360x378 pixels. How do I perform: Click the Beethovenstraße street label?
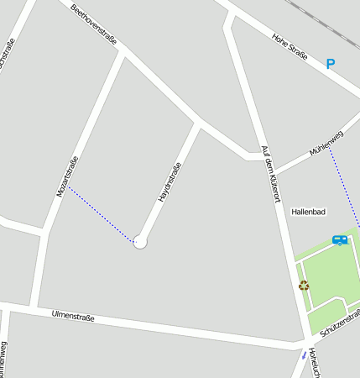[94, 24]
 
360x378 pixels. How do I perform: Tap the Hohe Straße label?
[291, 49]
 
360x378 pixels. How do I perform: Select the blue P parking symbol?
[330, 63]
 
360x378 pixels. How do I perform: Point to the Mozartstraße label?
[67, 177]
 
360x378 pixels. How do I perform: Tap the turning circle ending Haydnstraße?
[140, 242]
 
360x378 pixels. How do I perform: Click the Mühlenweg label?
[326, 144]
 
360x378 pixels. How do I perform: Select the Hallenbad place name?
[308, 212]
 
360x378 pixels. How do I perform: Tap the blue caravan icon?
[340, 240]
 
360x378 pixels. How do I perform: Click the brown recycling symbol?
[304, 285]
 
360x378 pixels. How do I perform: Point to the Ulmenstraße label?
[73, 317]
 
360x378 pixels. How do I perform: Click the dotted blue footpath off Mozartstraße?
[101, 214]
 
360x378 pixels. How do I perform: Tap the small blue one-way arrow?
[304, 354]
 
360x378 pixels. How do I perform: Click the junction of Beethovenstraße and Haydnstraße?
[198, 124]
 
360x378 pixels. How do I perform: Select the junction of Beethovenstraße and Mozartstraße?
[124, 52]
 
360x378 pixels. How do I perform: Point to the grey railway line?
[323, 21]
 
